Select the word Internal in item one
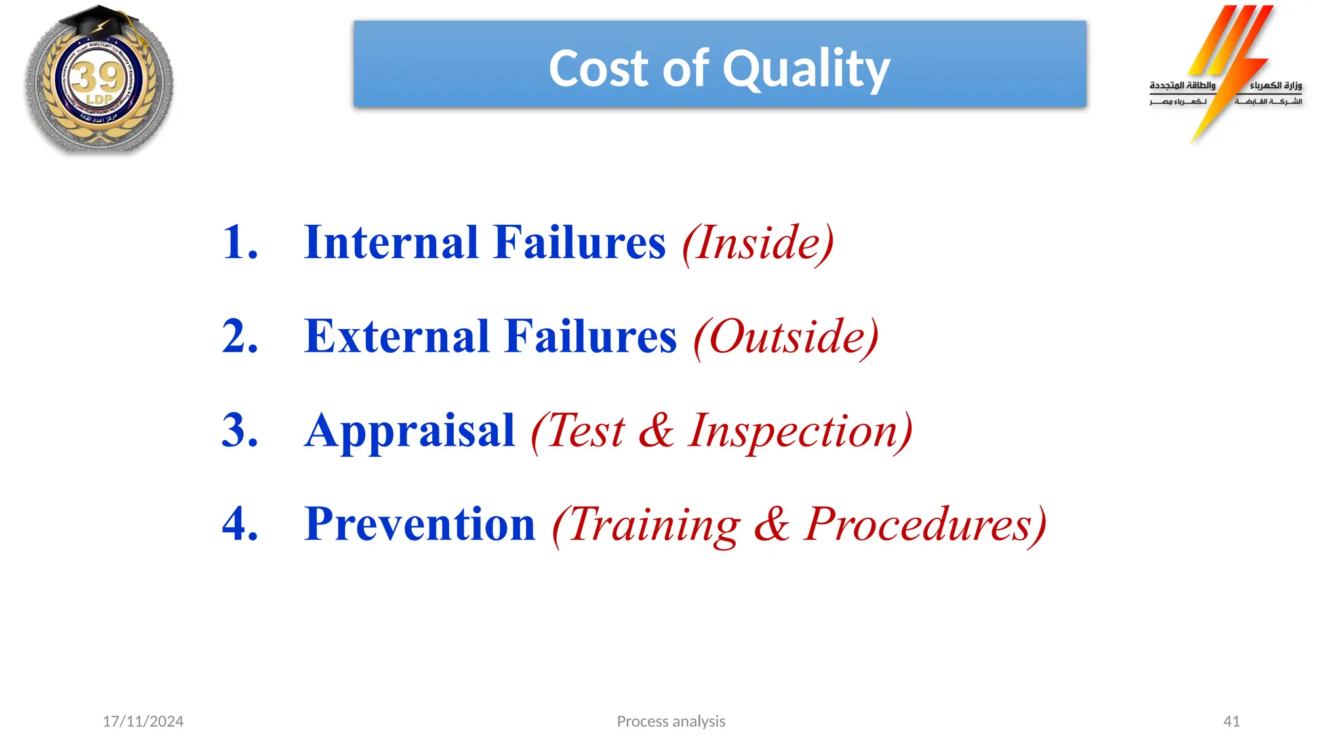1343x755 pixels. [391, 242]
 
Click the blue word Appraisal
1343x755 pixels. [409, 431]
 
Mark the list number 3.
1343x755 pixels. [240, 431]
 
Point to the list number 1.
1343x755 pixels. [240, 242]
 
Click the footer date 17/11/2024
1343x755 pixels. [143, 722]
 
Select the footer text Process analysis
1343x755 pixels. [671, 722]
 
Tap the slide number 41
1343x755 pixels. [1232, 722]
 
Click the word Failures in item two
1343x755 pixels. [591, 336]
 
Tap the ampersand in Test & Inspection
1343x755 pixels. [656, 431]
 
